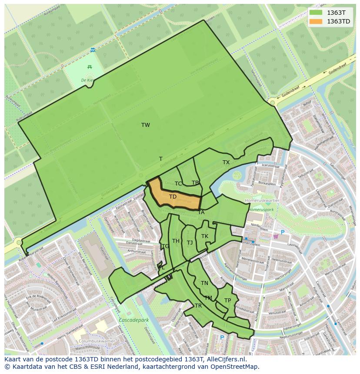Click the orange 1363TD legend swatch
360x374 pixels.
click(x=316, y=21)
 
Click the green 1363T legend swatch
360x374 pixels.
click(x=316, y=13)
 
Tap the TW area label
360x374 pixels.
click(x=146, y=125)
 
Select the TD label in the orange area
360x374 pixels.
click(x=173, y=197)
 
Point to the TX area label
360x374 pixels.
click(x=226, y=162)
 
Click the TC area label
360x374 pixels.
click(x=178, y=184)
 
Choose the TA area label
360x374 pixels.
click(x=201, y=212)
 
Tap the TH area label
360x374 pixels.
click(x=176, y=241)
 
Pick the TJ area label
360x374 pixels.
click(x=190, y=243)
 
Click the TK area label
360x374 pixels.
click(x=205, y=236)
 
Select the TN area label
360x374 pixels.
click(x=204, y=283)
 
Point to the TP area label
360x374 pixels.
click(x=227, y=301)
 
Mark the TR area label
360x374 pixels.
click(x=198, y=306)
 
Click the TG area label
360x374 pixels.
click(x=165, y=246)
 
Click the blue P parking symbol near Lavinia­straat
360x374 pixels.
click(x=282, y=232)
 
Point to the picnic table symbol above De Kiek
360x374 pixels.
click(x=90, y=66)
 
